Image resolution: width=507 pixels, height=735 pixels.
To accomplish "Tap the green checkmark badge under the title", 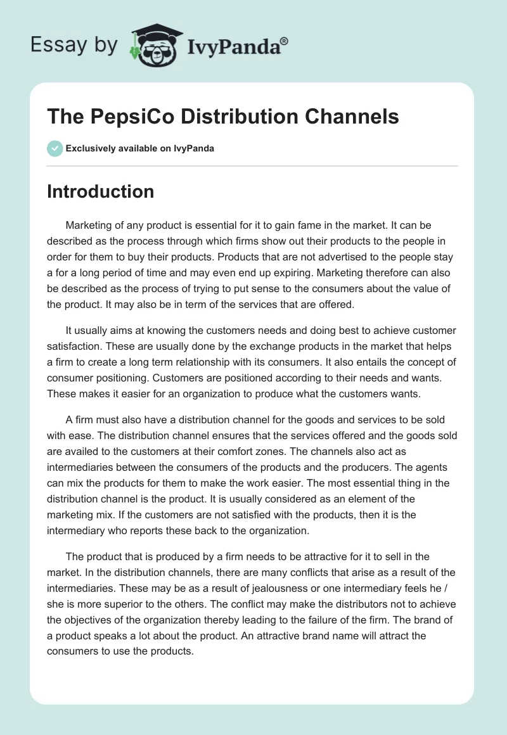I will [x=55, y=148].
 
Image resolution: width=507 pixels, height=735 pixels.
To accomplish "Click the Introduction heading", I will [x=100, y=191].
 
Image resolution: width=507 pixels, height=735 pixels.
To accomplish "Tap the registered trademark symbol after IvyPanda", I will [x=285, y=41].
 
